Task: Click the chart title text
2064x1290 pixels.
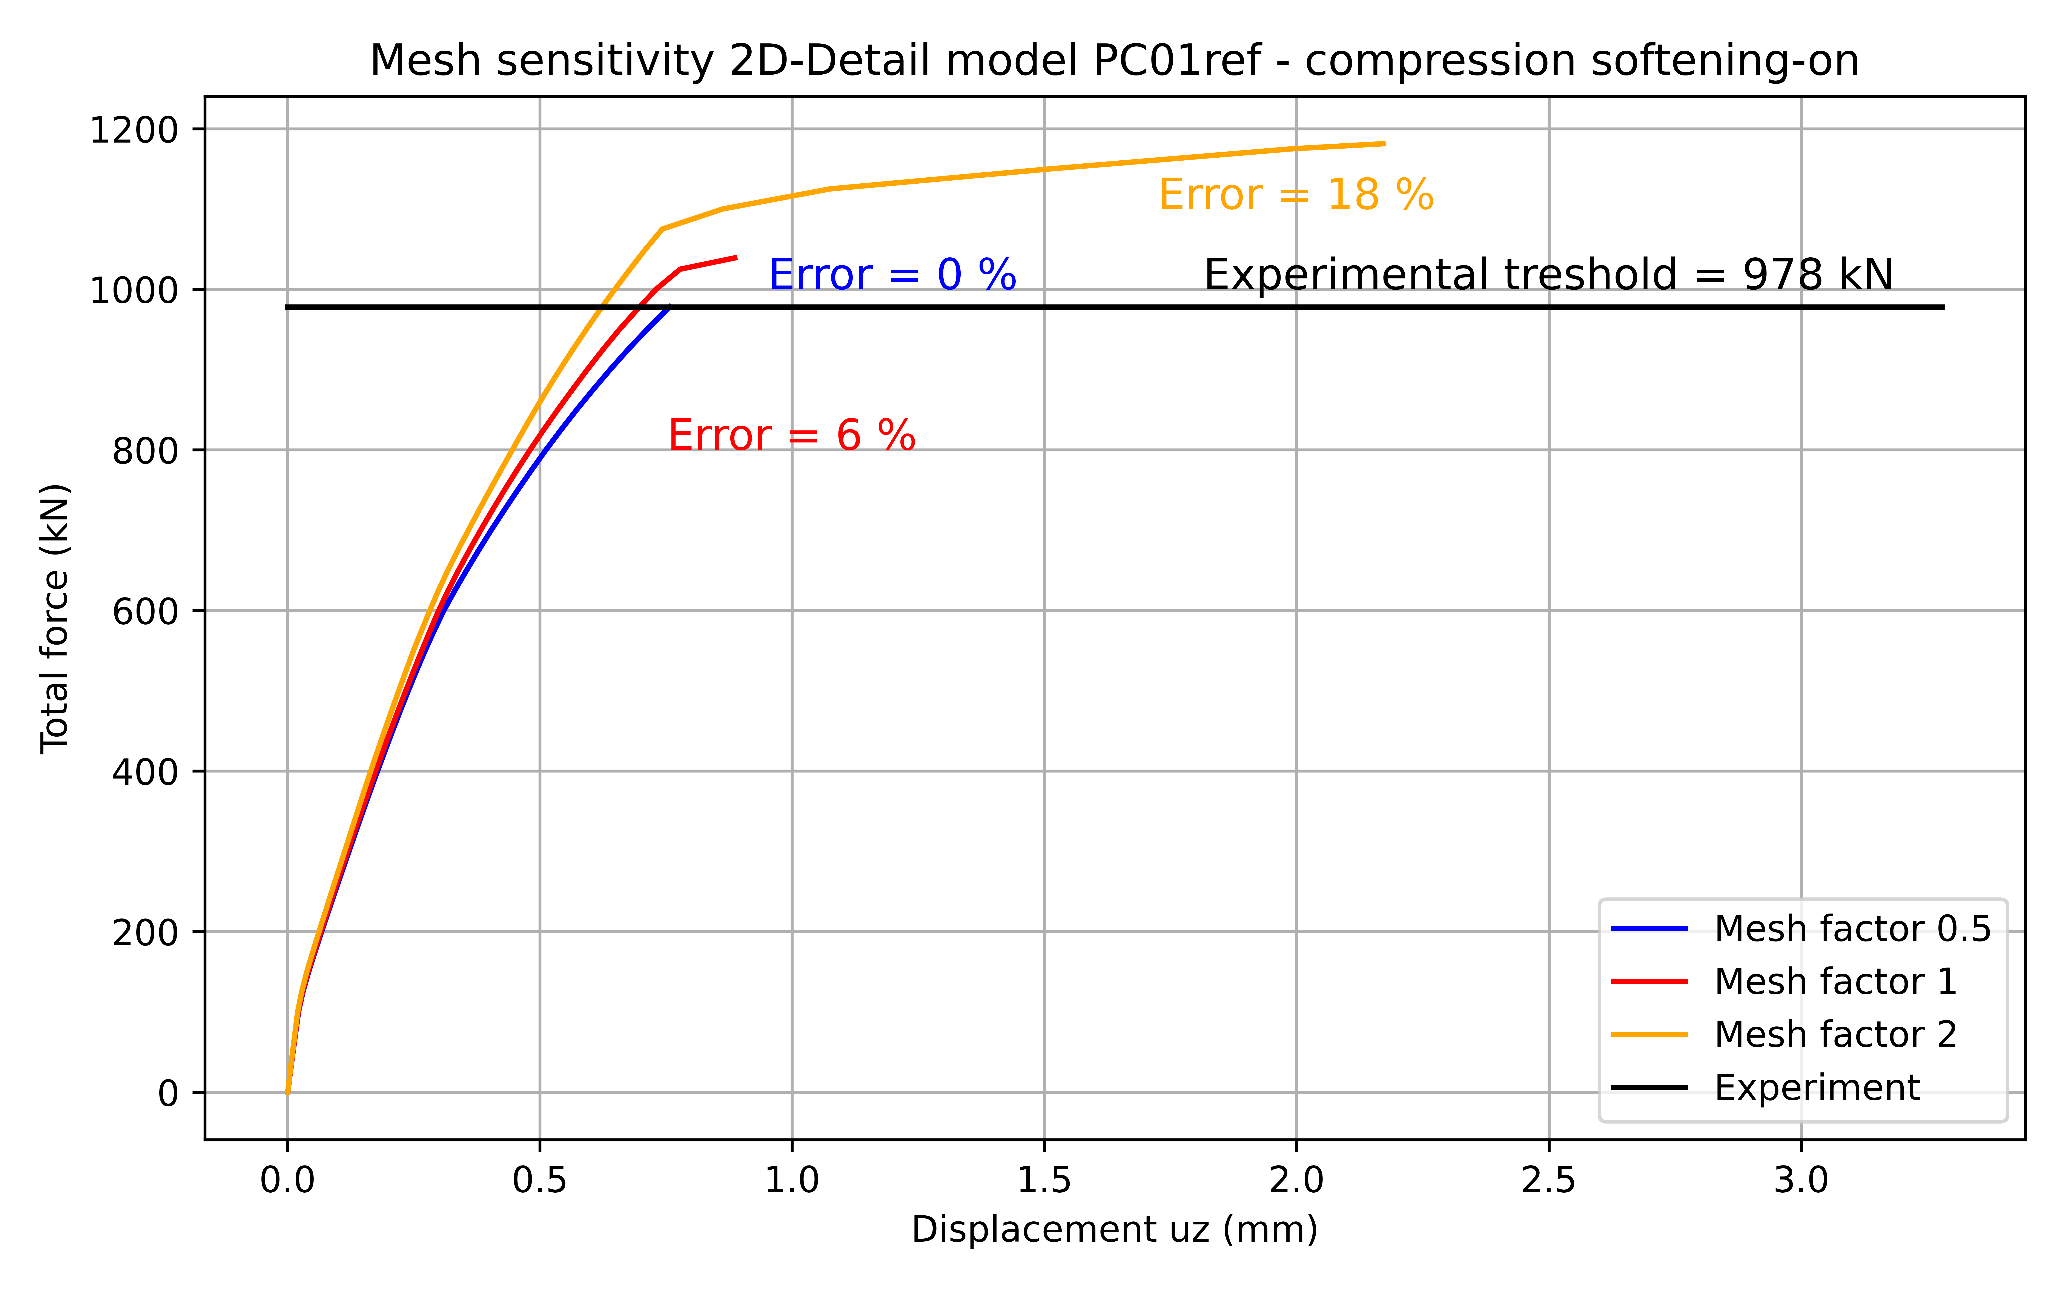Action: click(1114, 61)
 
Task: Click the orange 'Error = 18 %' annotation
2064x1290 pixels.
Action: click(1296, 195)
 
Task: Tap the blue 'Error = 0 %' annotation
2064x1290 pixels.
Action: click(892, 275)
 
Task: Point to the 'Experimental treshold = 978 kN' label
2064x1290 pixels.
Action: click(1548, 275)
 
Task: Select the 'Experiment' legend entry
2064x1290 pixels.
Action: click(1817, 1088)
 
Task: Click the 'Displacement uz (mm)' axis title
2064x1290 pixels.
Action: click(1114, 1229)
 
